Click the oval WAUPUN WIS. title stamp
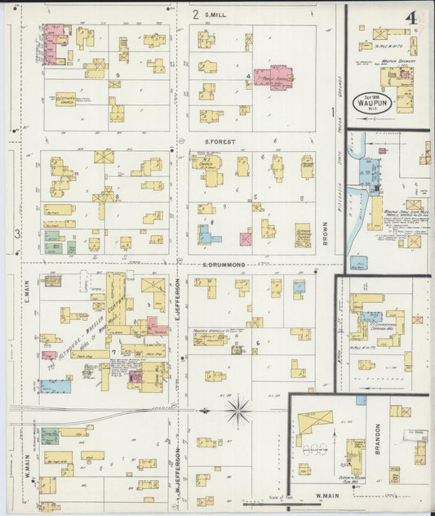[371, 104]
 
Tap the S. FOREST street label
[220, 141]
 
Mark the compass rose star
[239, 410]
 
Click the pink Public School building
[273, 77]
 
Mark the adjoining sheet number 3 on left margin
[17, 234]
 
